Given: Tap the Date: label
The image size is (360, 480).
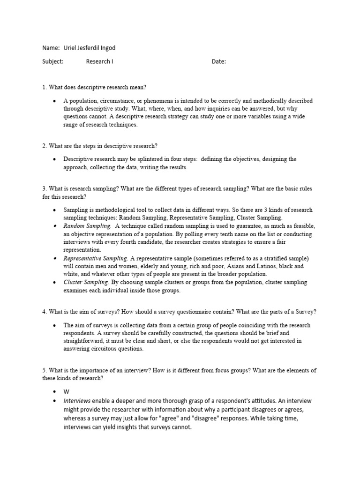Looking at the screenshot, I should click(x=218, y=61).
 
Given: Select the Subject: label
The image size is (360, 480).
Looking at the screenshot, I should click(x=52, y=61).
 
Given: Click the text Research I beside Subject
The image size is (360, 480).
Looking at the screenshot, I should click(x=99, y=61).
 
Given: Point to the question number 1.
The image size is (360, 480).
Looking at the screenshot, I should click(x=44, y=87).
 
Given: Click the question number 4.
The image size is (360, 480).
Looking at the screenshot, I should click(x=44, y=312).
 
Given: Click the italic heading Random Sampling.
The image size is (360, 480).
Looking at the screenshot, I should click(x=87, y=226).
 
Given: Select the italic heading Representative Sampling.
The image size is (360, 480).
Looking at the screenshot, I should click(x=95, y=258).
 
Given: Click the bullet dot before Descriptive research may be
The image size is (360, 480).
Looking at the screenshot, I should click(x=55, y=159).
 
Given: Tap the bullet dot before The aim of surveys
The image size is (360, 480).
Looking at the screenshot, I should click(x=55, y=325).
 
